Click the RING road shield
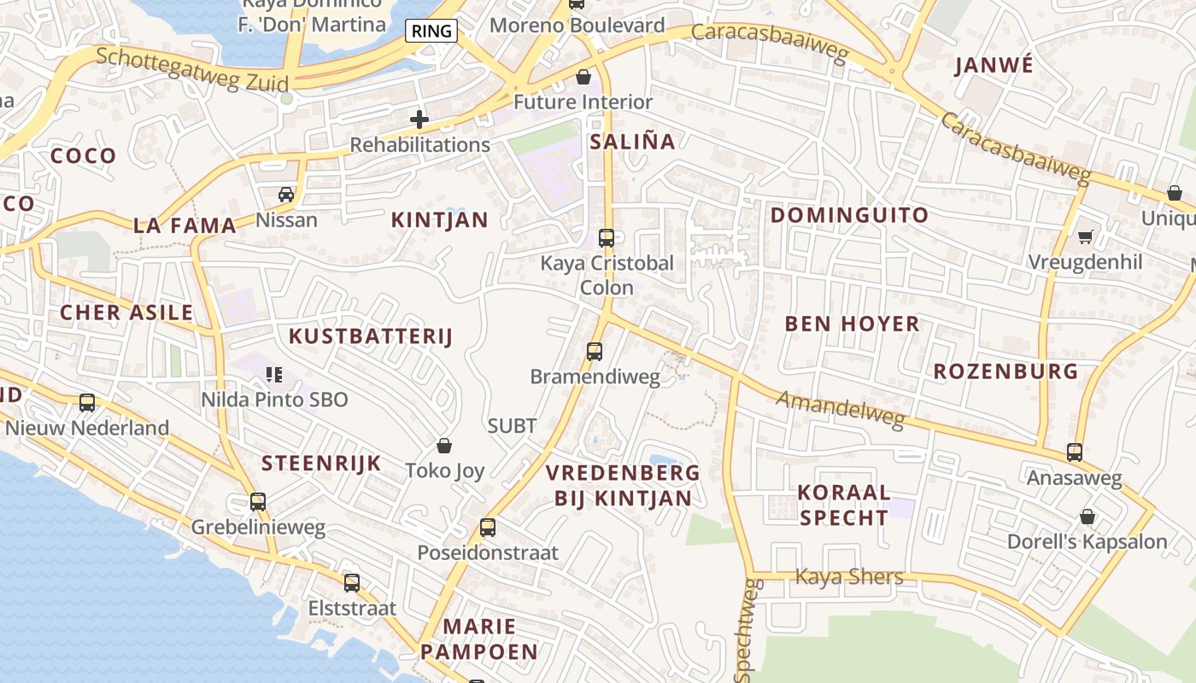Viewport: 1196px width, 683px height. (431, 32)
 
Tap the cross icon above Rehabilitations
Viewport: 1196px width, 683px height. (419, 120)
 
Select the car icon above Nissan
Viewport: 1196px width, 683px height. (286, 195)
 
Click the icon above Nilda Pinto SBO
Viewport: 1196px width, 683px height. (274, 374)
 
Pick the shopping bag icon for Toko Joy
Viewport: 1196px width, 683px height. (444, 446)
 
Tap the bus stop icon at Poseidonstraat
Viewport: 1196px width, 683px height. (488, 528)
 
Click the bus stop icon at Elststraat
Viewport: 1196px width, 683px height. (352, 584)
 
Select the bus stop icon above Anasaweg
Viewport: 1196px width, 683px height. (1075, 452)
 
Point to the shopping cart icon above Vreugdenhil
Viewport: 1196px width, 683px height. (1085, 236)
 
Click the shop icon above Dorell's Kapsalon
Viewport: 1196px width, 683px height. (1088, 517)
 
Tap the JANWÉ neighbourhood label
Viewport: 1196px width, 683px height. (994, 66)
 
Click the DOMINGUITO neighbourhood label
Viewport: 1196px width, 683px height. (849, 215)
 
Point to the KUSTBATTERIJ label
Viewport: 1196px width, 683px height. (370, 336)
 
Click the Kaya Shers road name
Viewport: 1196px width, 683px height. (849, 577)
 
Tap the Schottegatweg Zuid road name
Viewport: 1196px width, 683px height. (192, 70)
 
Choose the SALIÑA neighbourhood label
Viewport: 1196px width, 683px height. (633, 142)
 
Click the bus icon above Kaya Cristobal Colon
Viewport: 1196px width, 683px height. (607, 238)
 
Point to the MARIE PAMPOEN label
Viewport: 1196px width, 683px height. (479, 639)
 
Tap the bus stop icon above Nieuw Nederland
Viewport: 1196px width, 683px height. (87, 403)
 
